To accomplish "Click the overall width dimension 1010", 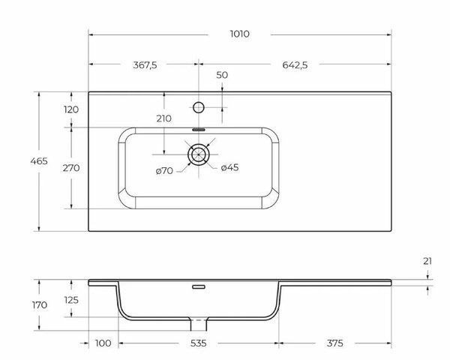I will [x=241, y=34].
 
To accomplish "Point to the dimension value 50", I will [x=222, y=75].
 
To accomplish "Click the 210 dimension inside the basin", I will [x=164, y=118].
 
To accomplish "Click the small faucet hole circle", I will [x=198, y=107].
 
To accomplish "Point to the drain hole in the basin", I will [x=198, y=155].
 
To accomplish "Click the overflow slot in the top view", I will [x=198, y=129].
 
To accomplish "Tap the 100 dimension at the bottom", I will [x=103, y=343].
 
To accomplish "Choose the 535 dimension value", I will [x=199, y=343].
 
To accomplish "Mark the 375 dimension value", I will [x=336, y=343].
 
